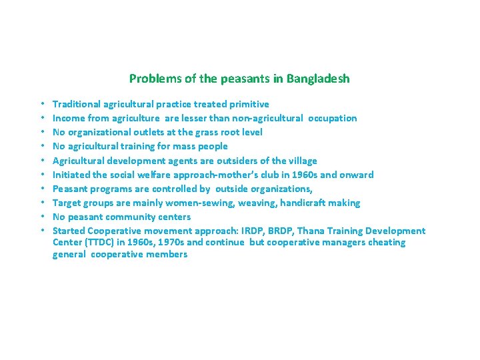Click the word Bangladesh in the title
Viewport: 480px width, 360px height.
pyautogui.click(x=318, y=79)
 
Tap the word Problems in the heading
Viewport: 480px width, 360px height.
pyautogui.click(x=151, y=79)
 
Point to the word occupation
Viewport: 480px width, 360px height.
pyautogui.click(x=333, y=118)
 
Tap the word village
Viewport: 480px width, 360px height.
pyautogui.click(x=300, y=161)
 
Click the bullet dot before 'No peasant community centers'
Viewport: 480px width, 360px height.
pyautogui.click(x=41, y=217)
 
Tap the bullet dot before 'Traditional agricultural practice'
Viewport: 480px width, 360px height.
pyautogui.click(x=41, y=104)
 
